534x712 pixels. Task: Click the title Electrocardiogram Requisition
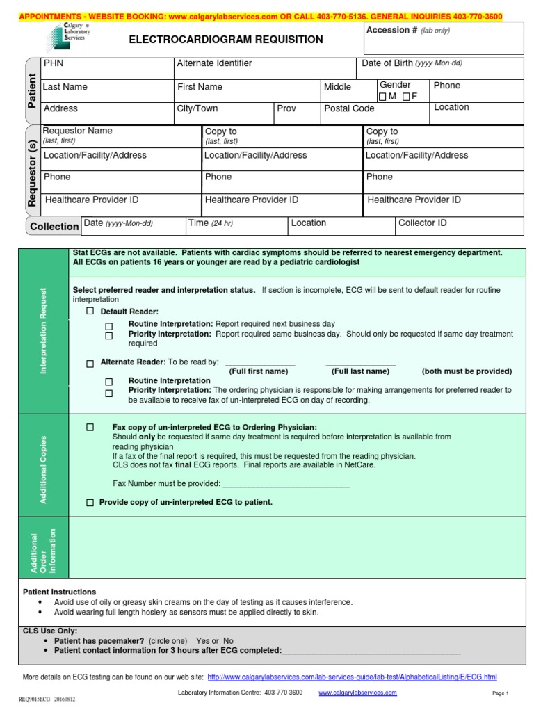[226, 40]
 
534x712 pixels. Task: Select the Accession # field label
[391, 31]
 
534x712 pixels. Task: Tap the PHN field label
[53, 63]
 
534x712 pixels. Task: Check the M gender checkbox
[382, 97]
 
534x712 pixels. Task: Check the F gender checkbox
[405, 97]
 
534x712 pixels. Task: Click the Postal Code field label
[349, 108]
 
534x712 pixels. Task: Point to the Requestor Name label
[77, 131]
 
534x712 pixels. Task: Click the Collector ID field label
[422, 223]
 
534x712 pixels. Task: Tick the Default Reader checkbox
[90, 311]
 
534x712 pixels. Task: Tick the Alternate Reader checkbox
[90, 364]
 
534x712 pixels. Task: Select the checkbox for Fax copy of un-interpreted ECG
[90, 427]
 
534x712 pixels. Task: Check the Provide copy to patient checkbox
[90, 502]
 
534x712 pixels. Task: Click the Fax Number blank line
[286, 484]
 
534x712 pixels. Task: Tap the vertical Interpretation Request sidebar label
[44, 331]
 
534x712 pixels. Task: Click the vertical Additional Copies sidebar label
[44, 469]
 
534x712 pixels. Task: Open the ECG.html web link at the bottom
[352, 677]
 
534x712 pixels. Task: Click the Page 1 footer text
[501, 693]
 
